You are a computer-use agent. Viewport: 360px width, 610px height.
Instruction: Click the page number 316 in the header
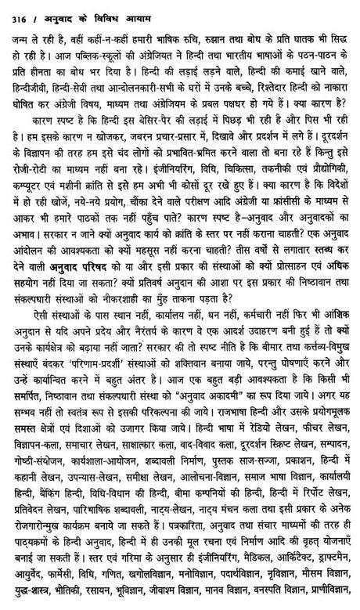tap(13, 9)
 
